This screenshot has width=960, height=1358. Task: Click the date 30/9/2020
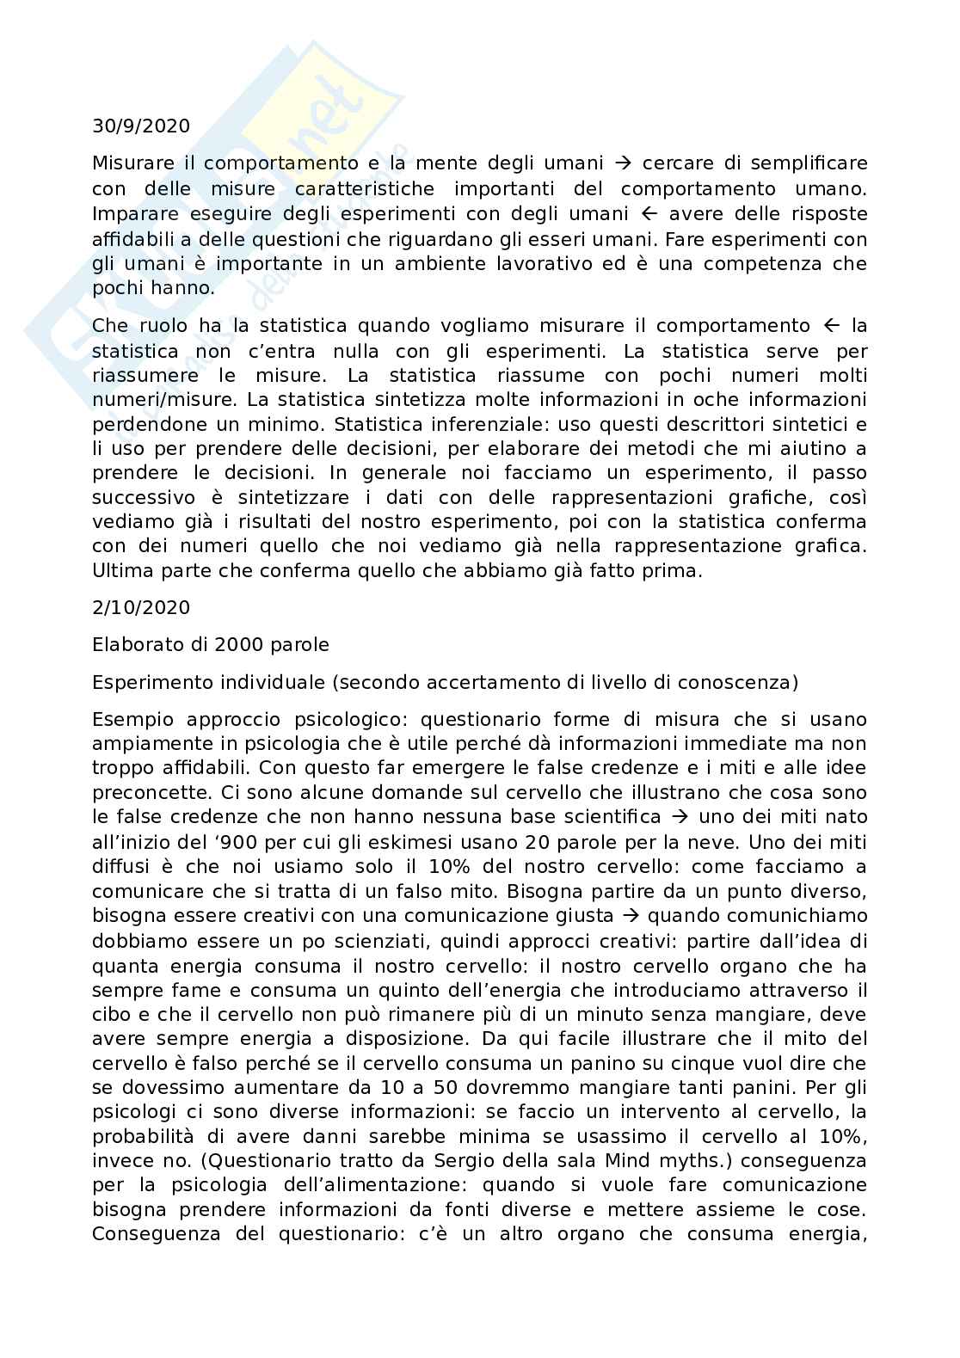coord(141,126)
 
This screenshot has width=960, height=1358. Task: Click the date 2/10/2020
coord(141,607)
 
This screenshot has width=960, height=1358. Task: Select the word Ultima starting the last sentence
coord(120,571)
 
